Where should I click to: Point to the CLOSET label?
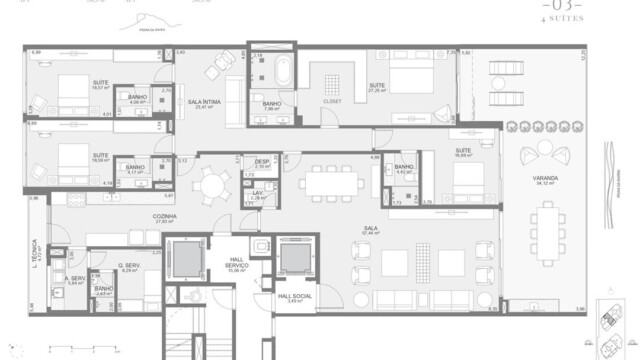pyautogui.click(x=334, y=100)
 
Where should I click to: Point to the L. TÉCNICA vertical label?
pyautogui.click(x=33, y=239)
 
